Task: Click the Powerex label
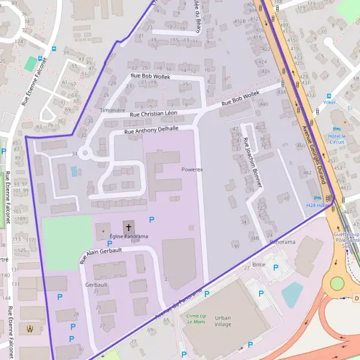[192, 170]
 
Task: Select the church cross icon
[129, 227]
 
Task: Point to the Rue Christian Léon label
[154, 113]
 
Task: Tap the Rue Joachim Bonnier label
[252, 162]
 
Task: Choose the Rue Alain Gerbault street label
[101, 256]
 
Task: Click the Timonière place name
[112, 110]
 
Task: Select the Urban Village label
[223, 320]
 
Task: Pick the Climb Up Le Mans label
[196, 319]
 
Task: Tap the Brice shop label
[259, 264]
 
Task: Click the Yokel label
[329, 103]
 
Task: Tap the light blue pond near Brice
[292, 294]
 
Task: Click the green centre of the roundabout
[337, 283]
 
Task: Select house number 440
[264, 104]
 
